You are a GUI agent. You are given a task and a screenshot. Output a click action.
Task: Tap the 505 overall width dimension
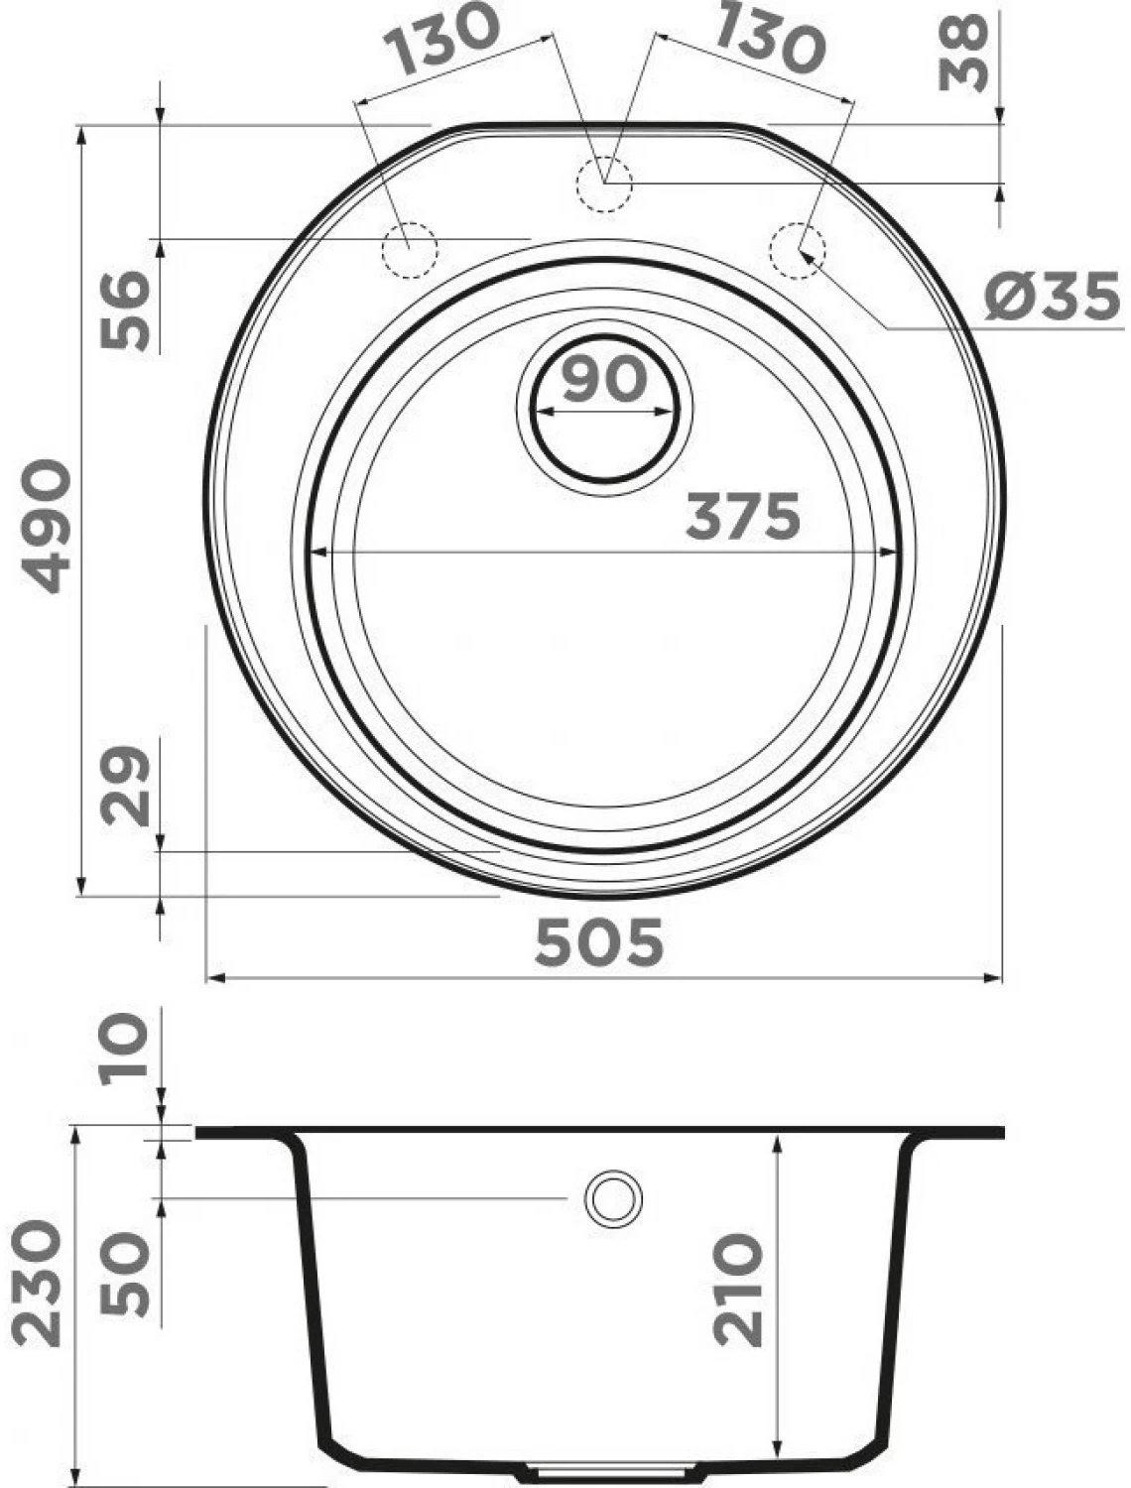tap(599, 943)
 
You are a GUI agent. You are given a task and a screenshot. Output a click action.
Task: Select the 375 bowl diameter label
tap(743, 516)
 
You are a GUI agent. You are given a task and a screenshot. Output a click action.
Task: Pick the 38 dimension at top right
tap(962, 54)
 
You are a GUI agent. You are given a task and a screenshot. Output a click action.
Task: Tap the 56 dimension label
tap(124, 310)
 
